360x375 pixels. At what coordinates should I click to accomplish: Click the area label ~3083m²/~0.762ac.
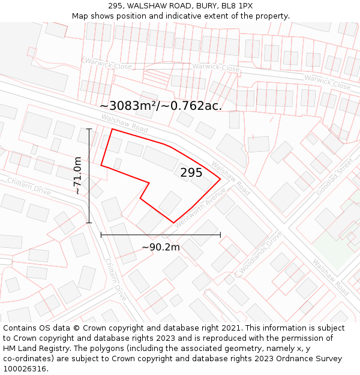coord(161,106)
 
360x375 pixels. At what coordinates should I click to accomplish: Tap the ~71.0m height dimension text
coord(77,175)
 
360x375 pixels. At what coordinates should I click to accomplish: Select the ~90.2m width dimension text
coord(160,247)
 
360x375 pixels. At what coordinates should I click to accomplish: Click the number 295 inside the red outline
coord(191,173)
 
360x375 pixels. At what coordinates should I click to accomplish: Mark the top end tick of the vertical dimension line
coord(89,129)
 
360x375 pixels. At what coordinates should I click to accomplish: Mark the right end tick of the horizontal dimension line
coord(220,235)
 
